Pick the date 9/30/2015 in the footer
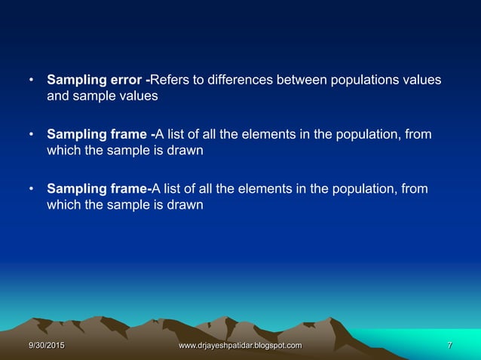tap(46, 346)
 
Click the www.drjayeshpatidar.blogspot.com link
tap(240, 346)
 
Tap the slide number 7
tap(449, 346)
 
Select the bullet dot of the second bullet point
tap(31, 136)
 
